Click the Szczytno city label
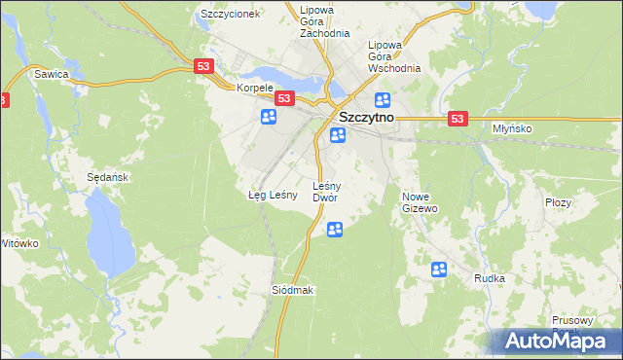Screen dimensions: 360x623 365,117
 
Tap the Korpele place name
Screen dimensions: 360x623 254,87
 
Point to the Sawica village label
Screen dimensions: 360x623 51,73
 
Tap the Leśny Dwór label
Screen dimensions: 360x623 325,192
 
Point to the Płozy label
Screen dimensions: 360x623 558,202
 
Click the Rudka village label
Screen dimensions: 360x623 489,278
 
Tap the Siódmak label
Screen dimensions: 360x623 293,290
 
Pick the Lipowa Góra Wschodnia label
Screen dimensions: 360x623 392,56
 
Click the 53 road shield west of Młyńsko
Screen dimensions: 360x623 459,118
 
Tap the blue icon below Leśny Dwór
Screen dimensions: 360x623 335,230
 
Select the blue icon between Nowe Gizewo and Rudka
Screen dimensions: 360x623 439,270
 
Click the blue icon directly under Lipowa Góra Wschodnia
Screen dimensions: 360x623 383,100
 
